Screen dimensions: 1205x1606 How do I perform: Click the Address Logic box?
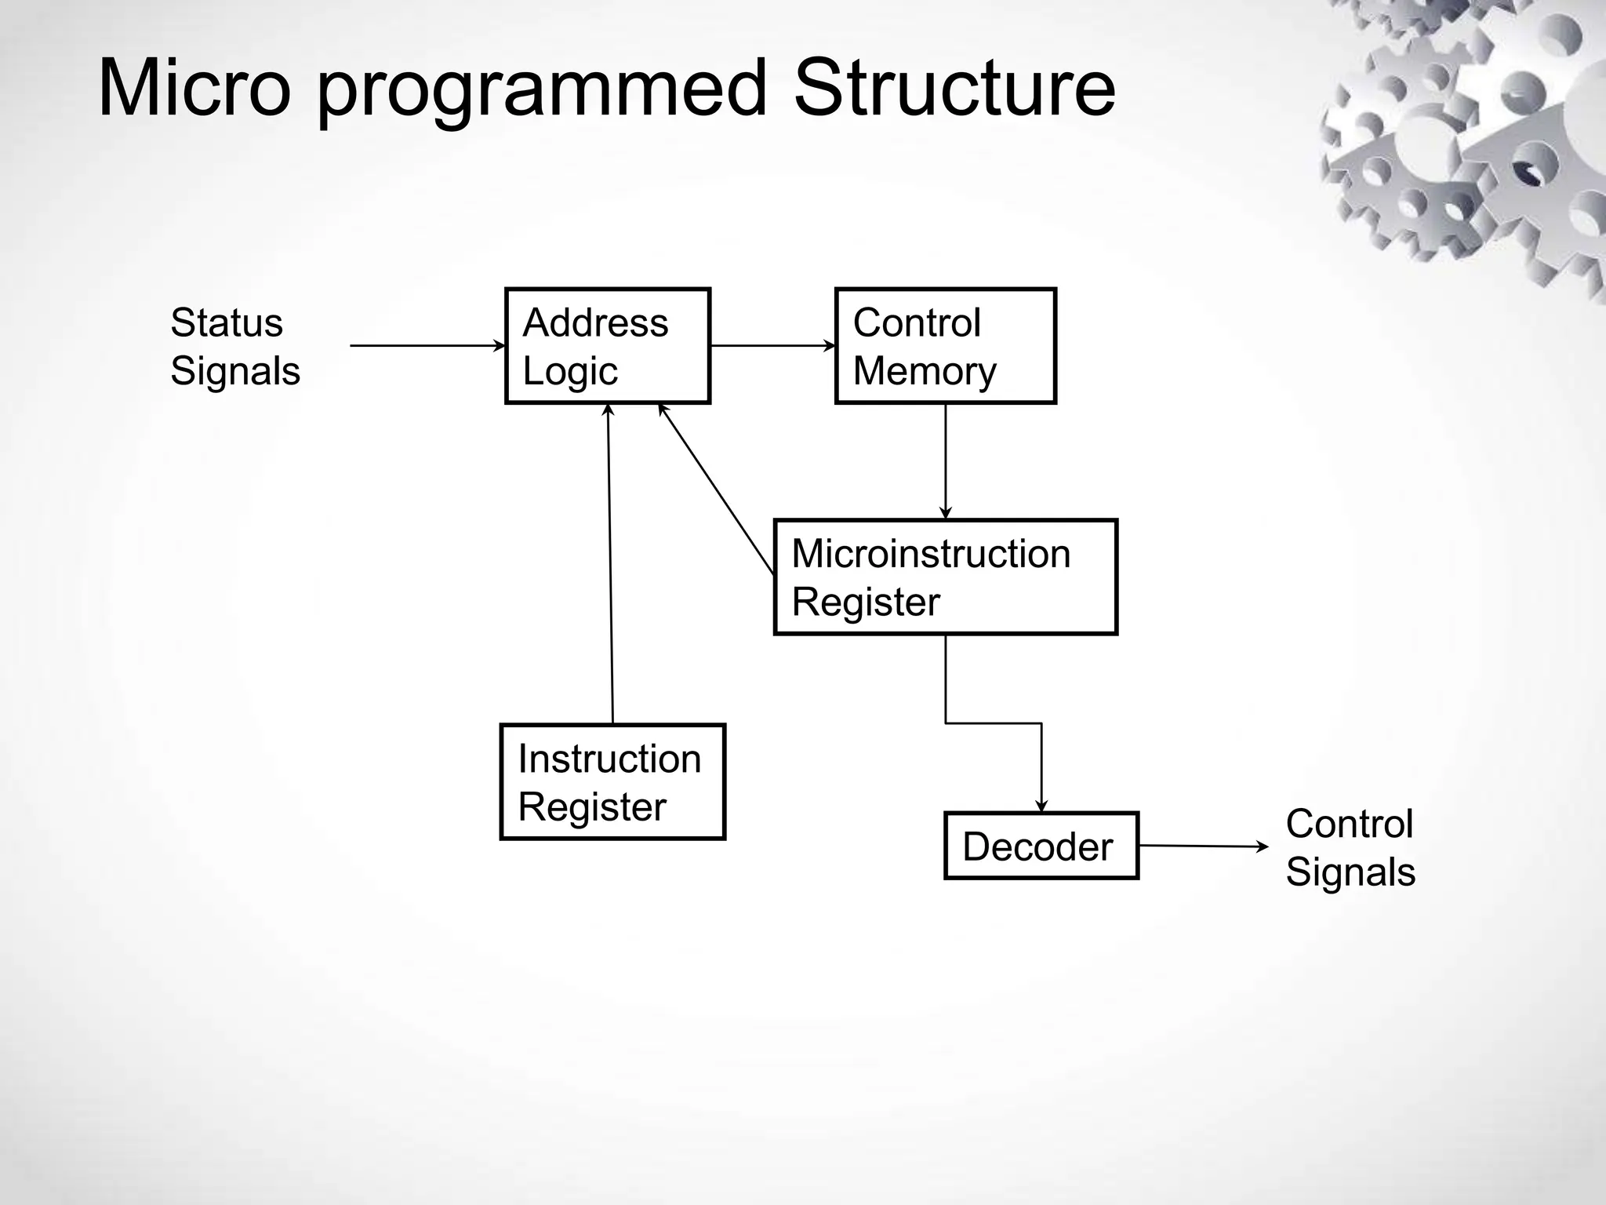pyautogui.click(x=608, y=346)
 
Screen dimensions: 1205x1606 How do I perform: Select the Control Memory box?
pyautogui.click(x=945, y=346)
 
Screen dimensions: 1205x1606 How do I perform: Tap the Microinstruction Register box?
pyautogui.click(x=945, y=577)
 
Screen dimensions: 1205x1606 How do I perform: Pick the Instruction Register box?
pyautogui.click(x=612, y=782)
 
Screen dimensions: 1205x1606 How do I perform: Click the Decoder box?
pyautogui.click(x=1041, y=846)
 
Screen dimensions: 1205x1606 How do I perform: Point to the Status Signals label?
pyautogui.click(x=234, y=346)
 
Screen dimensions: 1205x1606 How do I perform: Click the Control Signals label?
pyautogui.click(x=1350, y=847)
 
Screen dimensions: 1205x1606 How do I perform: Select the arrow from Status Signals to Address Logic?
pyautogui.click(x=427, y=345)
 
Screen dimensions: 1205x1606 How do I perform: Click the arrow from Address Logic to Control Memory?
pyautogui.click(x=772, y=345)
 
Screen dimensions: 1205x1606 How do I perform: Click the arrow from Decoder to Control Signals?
pyautogui.click(x=1201, y=846)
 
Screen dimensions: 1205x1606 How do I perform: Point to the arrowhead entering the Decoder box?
pyautogui.click(x=1041, y=806)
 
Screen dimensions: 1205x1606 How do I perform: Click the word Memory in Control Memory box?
pyautogui.click(x=924, y=371)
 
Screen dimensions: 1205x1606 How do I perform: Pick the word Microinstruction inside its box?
pyautogui.click(x=931, y=554)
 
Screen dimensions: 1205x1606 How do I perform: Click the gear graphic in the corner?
pyautogui.click(x=1466, y=141)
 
